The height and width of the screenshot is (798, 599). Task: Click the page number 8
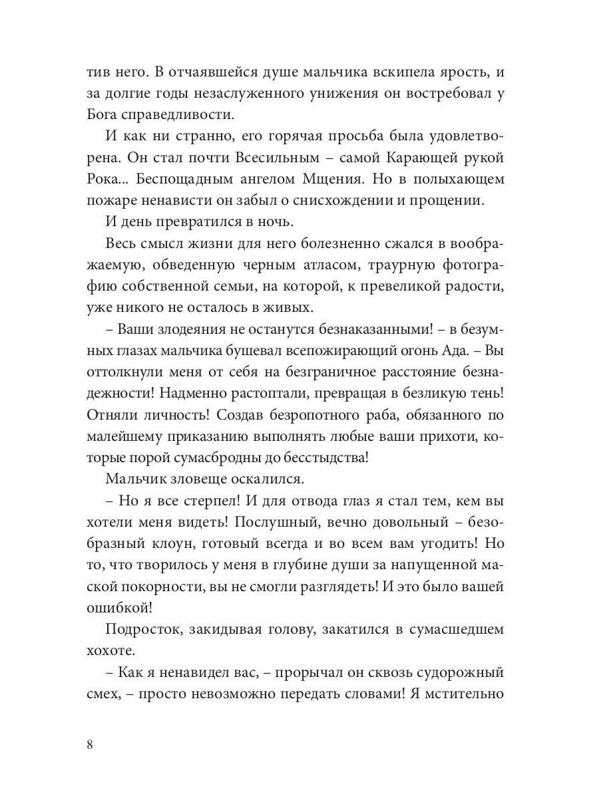point(90,743)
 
